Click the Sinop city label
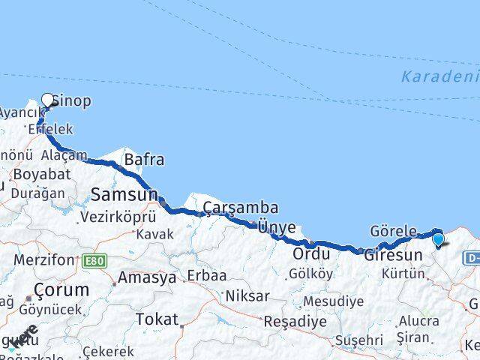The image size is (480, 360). pyautogui.click(x=71, y=100)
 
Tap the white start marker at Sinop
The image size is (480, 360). pyautogui.click(x=48, y=100)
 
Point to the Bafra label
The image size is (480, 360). pyautogui.click(x=144, y=160)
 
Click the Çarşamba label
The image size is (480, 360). pyautogui.click(x=241, y=207)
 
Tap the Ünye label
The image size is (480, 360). pyautogui.click(x=277, y=226)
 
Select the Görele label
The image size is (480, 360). pyautogui.click(x=393, y=230)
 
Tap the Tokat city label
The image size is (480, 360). pyautogui.click(x=157, y=319)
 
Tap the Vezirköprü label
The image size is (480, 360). pyautogui.click(x=118, y=217)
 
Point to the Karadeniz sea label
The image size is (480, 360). pyautogui.click(x=439, y=76)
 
